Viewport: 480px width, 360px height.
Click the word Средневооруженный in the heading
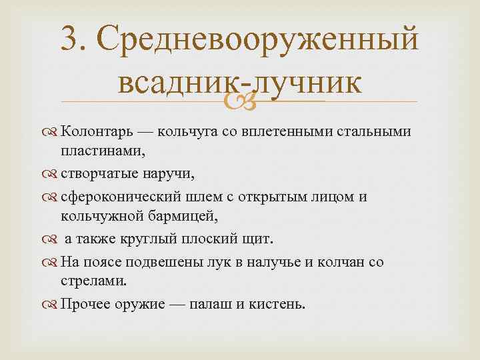261,41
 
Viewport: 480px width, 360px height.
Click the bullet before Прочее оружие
51,305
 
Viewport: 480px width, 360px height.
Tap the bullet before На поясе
51,261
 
